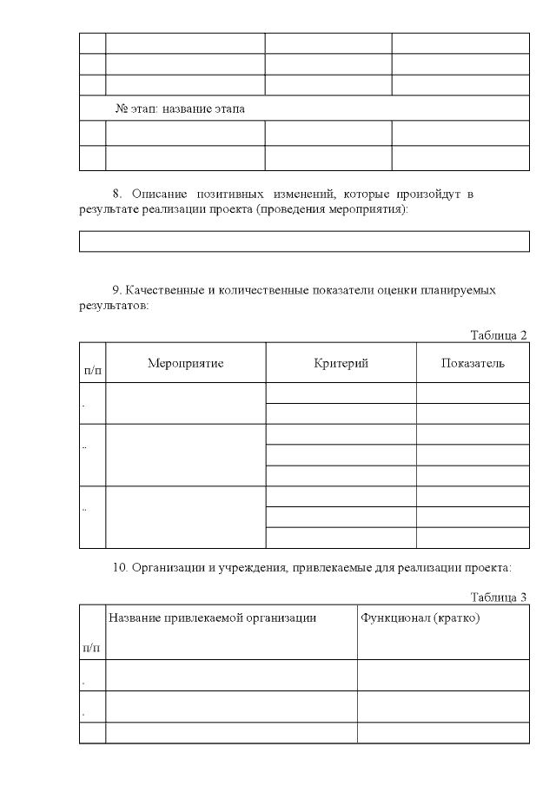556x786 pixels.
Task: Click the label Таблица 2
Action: click(499, 335)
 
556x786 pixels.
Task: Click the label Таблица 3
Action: click(499, 597)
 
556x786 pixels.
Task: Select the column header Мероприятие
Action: click(185, 363)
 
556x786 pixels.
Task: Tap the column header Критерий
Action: click(341, 363)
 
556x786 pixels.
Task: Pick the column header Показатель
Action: click(473, 363)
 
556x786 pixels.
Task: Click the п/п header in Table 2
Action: click(92, 370)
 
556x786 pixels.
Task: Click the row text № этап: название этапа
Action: click(181, 109)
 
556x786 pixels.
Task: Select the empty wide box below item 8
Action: click(304, 241)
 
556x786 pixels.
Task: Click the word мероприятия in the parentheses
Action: click(364, 211)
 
